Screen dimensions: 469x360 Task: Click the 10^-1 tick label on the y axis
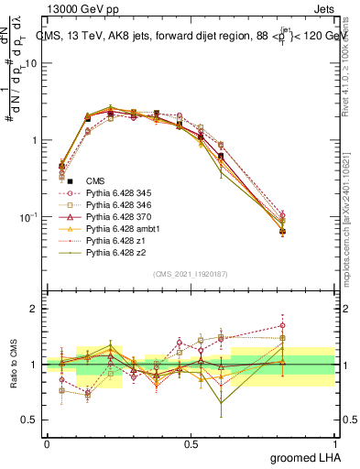click(27, 217)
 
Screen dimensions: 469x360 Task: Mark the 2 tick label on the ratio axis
click(34, 309)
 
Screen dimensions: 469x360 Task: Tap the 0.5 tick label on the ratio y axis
click(30, 420)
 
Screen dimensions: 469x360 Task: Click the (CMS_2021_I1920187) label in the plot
click(190, 274)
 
